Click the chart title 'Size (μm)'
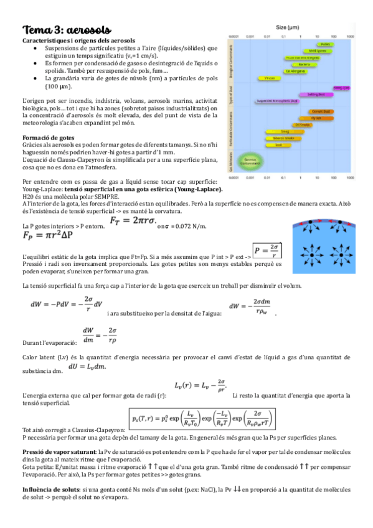(x=291, y=27)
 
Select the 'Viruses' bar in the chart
(x=269, y=78)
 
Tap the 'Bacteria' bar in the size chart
(x=305, y=64)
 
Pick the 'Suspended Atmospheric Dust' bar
(x=286, y=101)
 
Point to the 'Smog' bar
(x=283, y=131)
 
